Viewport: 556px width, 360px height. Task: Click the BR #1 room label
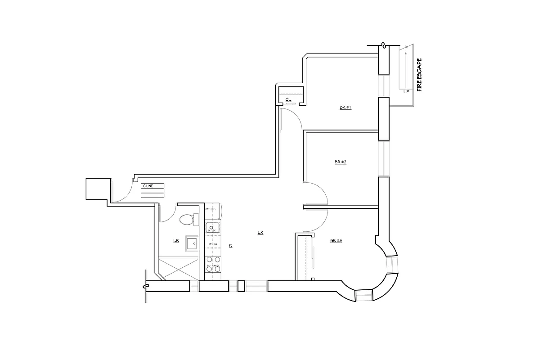tap(345, 108)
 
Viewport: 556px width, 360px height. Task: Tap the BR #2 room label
tap(340, 162)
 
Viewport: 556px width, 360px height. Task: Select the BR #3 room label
tap(336, 241)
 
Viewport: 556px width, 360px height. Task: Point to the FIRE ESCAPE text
tap(419, 75)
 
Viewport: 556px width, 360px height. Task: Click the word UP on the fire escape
tap(406, 92)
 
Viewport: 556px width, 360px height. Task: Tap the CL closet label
tap(288, 100)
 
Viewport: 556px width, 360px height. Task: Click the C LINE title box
tap(152, 186)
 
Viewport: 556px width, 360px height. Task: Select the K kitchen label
tap(230, 246)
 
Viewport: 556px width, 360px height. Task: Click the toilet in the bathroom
tap(186, 220)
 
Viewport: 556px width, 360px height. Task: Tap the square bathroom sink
tap(192, 243)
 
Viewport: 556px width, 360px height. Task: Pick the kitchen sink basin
tap(212, 228)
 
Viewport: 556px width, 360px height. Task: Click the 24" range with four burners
tap(213, 264)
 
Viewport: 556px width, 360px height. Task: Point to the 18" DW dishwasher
tap(212, 245)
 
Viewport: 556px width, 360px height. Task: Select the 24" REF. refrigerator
tap(211, 209)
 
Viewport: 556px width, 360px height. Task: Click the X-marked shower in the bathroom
tap(178, 268)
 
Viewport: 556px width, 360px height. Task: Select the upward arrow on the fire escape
tap(405, 67)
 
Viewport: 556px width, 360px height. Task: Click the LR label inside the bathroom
tap(176, 241)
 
